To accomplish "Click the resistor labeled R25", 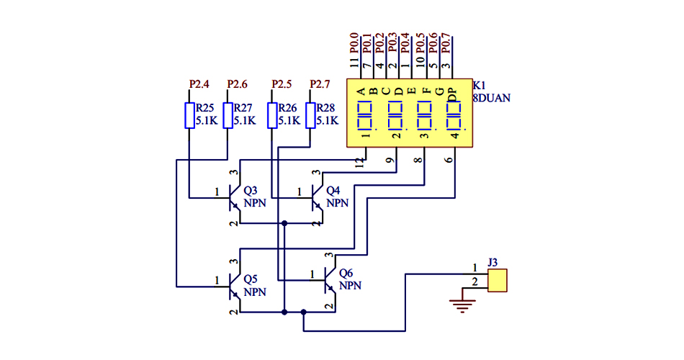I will (189, 115).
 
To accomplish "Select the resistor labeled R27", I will (228, 115).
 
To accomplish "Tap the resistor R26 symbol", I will (272, 115).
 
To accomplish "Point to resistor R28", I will (311, 115).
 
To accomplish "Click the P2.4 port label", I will (199, 84).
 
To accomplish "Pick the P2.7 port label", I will (319, 84).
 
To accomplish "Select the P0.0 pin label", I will (354, 42).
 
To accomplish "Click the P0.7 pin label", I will (446, 42).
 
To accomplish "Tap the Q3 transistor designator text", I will (251, 192).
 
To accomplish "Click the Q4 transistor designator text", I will (333, 192).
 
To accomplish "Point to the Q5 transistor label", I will (251, 279).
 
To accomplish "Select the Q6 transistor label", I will (346, 273).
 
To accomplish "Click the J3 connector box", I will (497, 280).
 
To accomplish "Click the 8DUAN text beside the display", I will (492, 98).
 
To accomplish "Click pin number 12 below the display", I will (359, 163).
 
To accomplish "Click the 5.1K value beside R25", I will (207, 121).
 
